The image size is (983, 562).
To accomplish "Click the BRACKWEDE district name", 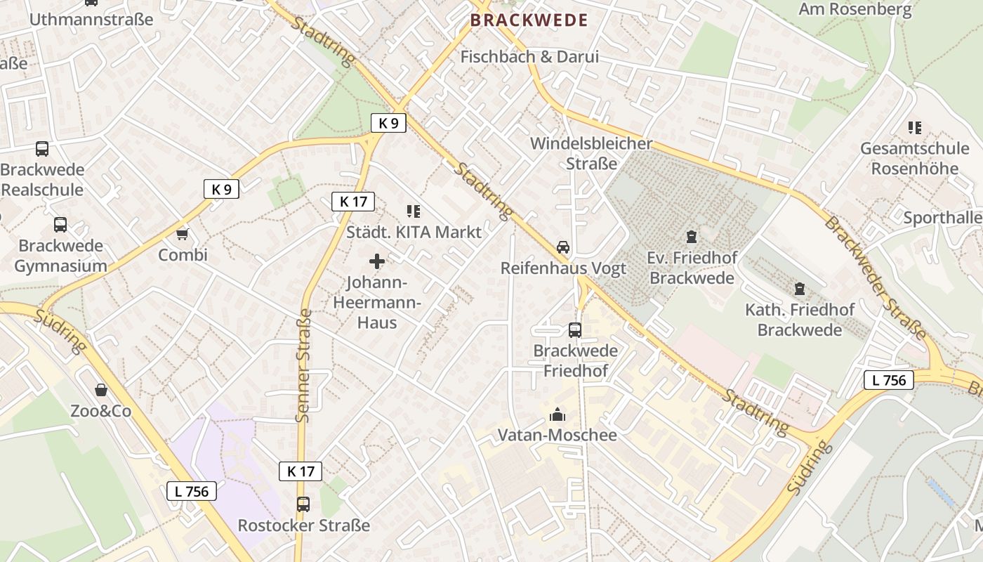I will [529, 20].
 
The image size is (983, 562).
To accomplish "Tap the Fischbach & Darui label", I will [529, 57].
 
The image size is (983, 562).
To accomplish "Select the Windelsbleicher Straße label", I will [591, 153].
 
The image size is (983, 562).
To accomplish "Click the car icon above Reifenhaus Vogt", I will [563, 247].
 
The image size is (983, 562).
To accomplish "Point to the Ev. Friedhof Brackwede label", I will [692, 268].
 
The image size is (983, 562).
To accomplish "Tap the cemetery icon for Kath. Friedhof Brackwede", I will [799, 288].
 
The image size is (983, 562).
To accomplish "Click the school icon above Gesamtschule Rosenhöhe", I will [914, 128].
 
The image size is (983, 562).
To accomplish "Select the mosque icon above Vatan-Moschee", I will [558, 414].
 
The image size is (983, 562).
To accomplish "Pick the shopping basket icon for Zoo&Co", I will [101, 390].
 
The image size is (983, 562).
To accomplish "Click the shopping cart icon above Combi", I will [183, 234].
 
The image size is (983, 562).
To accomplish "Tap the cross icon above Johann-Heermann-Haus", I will [377, 262].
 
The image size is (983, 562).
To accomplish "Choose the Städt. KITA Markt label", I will [414, 232].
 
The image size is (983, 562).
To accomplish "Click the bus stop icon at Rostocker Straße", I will [303, 504].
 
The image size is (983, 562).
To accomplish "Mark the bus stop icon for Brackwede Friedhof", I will [575, 329].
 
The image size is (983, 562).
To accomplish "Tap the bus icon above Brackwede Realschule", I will [42, 149].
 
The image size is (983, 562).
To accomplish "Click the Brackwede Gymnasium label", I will [60, 256].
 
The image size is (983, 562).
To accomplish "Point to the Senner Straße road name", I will [303, 365].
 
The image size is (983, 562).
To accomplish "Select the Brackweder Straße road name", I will [875, 277].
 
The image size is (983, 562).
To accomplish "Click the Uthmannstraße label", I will [91, 19].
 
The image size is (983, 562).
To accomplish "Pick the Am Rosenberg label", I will [855, 9].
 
